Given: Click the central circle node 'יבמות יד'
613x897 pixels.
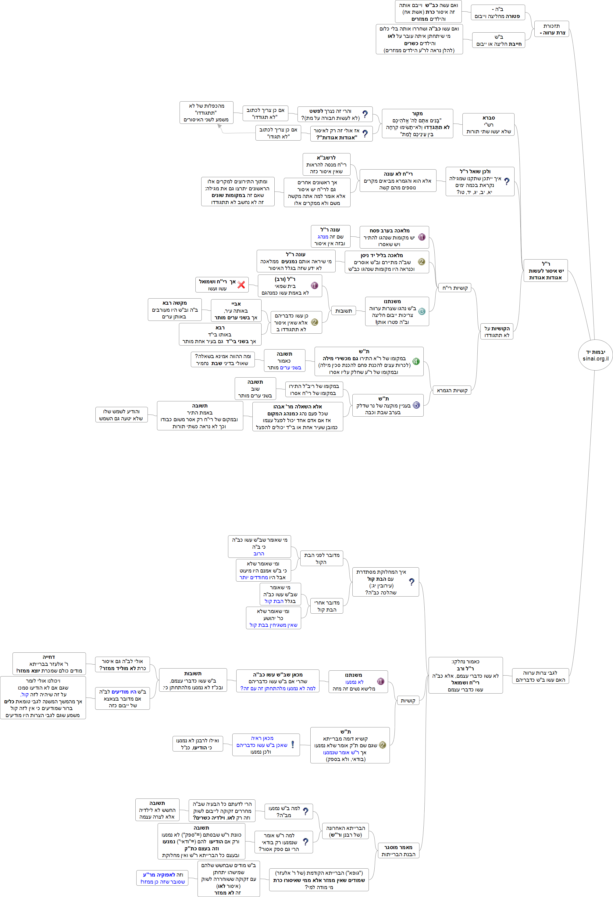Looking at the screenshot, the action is [595, 355].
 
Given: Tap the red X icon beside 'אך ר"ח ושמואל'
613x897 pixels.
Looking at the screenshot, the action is [241, 285].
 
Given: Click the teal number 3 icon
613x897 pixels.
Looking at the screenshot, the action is [422, 311].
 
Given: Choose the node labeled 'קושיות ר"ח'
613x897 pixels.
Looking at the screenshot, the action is [455, 288].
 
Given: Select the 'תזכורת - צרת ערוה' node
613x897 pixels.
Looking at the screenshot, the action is [551, 29].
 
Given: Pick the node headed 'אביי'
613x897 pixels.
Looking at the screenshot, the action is [236, 311].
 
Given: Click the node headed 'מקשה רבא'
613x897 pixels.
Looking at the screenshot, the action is [175, 310].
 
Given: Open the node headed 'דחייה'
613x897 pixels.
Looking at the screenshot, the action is [49, 663].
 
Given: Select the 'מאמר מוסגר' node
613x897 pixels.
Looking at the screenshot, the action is [398, 850].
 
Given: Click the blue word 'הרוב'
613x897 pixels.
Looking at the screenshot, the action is [259, 554].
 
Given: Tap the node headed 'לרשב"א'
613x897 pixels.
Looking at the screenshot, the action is [326, 164].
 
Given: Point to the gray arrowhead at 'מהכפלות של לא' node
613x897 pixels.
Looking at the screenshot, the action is [219, 126].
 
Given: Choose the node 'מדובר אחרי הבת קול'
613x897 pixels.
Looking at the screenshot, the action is [327, 606].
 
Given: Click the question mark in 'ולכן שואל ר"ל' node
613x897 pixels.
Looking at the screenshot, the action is [507, 181].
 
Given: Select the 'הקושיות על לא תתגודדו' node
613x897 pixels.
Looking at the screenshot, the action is [497, 332].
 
